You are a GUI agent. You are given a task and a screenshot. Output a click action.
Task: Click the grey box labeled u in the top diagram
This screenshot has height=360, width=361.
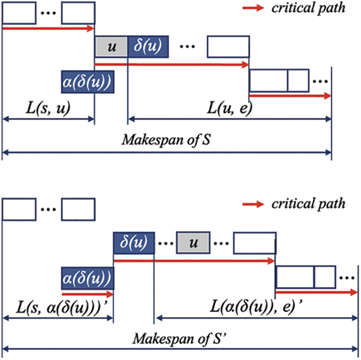(x=111, y=46)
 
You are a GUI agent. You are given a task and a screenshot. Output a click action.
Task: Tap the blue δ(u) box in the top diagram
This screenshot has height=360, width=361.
(x=148, y=46)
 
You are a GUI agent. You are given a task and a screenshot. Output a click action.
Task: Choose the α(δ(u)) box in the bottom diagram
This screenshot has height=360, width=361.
(x=87, y=277)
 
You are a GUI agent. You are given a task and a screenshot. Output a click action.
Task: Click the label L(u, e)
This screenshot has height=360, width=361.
(x=230, y=108)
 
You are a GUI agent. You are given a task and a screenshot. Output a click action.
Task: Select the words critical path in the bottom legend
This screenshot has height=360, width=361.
(x=308, y=204)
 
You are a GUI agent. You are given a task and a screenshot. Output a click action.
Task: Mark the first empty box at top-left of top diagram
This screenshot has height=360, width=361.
(x=19, y=13)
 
